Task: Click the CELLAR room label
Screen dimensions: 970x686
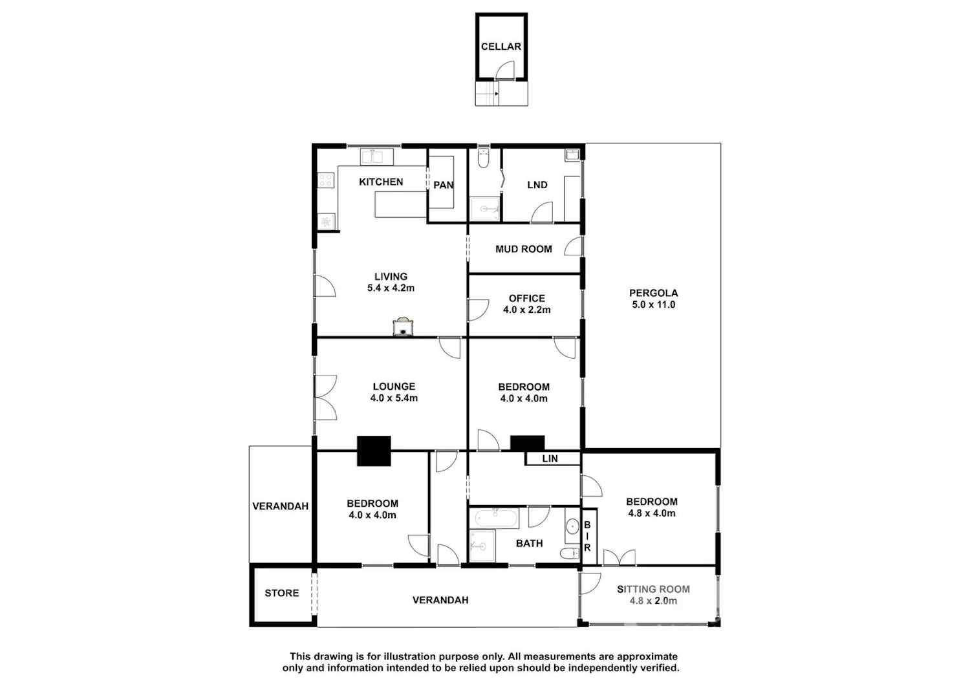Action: (x=501, y=47)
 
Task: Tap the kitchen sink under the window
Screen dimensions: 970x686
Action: (x=377, y=156)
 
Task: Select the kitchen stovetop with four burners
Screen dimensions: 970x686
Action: (x=326, y=180)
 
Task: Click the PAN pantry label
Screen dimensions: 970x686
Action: (x=444, y=185)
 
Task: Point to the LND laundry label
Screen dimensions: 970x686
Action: (x=537, y=185)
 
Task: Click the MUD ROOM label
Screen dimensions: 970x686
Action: (x=524, y=249)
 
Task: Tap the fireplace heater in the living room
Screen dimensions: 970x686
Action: (x=403, y=327)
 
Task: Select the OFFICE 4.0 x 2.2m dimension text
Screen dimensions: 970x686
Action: (x=527, y=310)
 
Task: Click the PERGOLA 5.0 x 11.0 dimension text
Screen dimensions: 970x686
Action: (x=653, y=305)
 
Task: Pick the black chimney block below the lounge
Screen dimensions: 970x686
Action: (x=374, y=451)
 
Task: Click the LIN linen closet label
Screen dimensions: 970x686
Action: (x=550, y=458)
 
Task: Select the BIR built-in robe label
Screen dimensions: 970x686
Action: (x=587, y=536)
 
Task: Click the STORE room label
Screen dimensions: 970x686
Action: (x=282, y=593)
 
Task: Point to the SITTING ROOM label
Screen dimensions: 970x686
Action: (x=653, y=589)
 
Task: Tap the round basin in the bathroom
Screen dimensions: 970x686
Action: (x=572, y=526)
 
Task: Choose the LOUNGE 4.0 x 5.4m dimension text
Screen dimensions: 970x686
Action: (x=394, y=398)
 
